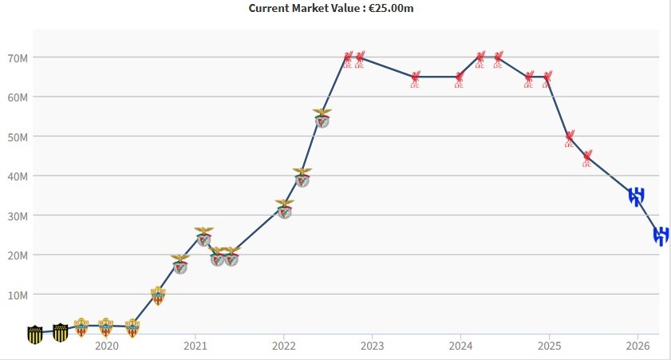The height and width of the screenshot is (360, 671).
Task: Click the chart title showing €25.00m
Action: pyautogui.click(x=331, y=9)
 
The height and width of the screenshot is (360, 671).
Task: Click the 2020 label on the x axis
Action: pyautogui.click(x=106, y=346)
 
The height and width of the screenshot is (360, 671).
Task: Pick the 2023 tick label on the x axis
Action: pyautogui.click(x=372, y=346)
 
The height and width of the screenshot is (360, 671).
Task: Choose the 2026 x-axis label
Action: pyautogui.click(x=637, y=346)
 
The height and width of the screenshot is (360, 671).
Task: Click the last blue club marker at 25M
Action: pyautogui.click(x=661, y=235)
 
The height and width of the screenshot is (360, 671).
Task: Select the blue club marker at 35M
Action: pyautogui.click(x=636, y=196)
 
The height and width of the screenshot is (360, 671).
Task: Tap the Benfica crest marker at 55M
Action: pyautogui.click(x=322, y=117)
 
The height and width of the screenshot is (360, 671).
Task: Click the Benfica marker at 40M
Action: pyautogui.click(x=302, y=176)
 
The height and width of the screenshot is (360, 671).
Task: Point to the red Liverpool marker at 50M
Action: pyautogui.click(x=569, y=139)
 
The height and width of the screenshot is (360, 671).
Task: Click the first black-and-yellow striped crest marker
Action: pyautogui.click(x=35, y=334)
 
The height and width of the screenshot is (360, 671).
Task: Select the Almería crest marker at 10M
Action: pyautogui.click(x=158, y=295)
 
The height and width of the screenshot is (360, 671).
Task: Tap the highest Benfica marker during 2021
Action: pyautogui.click(x=204, y=236)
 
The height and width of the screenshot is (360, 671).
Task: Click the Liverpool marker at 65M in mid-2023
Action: pyautogui.click(x=415, y=79)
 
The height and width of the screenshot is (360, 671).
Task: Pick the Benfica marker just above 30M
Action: pyautogui.click(x=285, y=208)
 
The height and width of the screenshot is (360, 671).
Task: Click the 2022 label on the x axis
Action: pyautogui.click(x=283, y=346)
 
